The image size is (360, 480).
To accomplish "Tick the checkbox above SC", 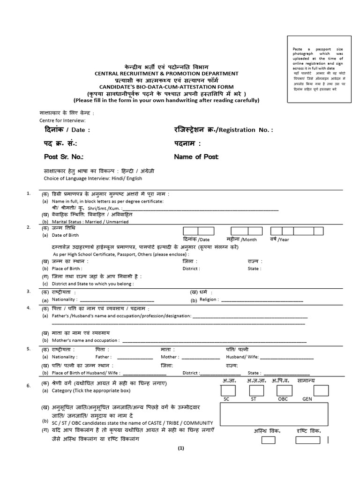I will [x=228, y=390].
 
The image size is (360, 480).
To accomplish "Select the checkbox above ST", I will [x=256, y=390].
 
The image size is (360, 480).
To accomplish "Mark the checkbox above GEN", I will [x=321, y=390].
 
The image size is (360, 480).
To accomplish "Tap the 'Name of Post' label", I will [x=196, y=157].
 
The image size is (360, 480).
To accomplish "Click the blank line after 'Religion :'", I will [x=262, y=300].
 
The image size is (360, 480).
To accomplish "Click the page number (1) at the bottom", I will [x=181, y=449].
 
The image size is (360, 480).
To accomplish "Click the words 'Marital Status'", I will [x=65, y=222].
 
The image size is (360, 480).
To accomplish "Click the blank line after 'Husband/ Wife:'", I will [x=286, y=358].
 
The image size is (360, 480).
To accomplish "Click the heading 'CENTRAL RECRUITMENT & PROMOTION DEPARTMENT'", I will [x=167, y=74].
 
